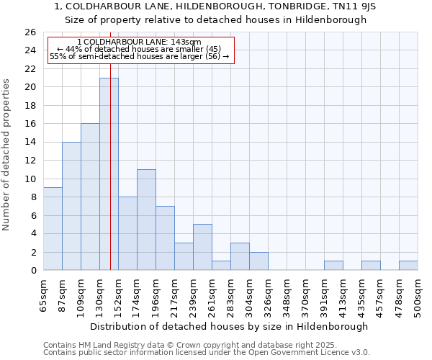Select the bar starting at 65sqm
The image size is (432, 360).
53,229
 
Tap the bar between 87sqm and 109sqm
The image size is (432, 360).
71,206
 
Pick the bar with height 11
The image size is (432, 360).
146,220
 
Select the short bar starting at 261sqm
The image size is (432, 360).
221,266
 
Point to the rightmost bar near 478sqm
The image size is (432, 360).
408,266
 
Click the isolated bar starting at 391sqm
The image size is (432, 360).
333,266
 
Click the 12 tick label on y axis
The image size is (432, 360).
30,161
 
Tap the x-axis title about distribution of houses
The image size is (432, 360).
230,326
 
